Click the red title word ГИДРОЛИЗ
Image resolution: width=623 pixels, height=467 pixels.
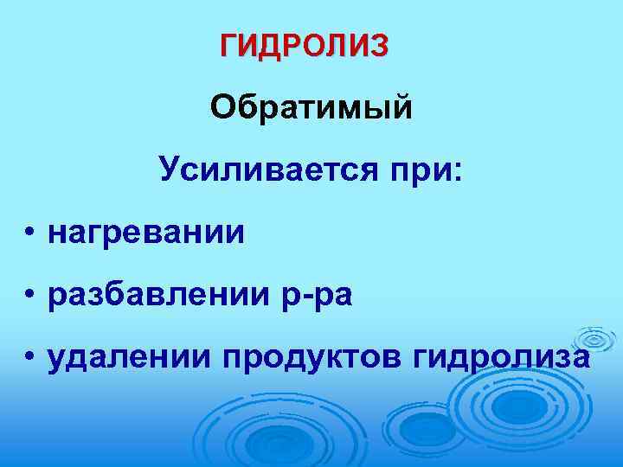click(x=305, y=44)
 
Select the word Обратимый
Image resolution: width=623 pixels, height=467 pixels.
click(x=311, y=109)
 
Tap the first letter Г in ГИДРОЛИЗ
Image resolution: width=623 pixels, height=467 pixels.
click(x=230, y=44)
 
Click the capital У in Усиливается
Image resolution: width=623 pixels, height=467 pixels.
click(x=169, y=170)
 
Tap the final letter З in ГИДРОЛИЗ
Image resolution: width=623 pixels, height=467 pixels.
click(x=379, y=44)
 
